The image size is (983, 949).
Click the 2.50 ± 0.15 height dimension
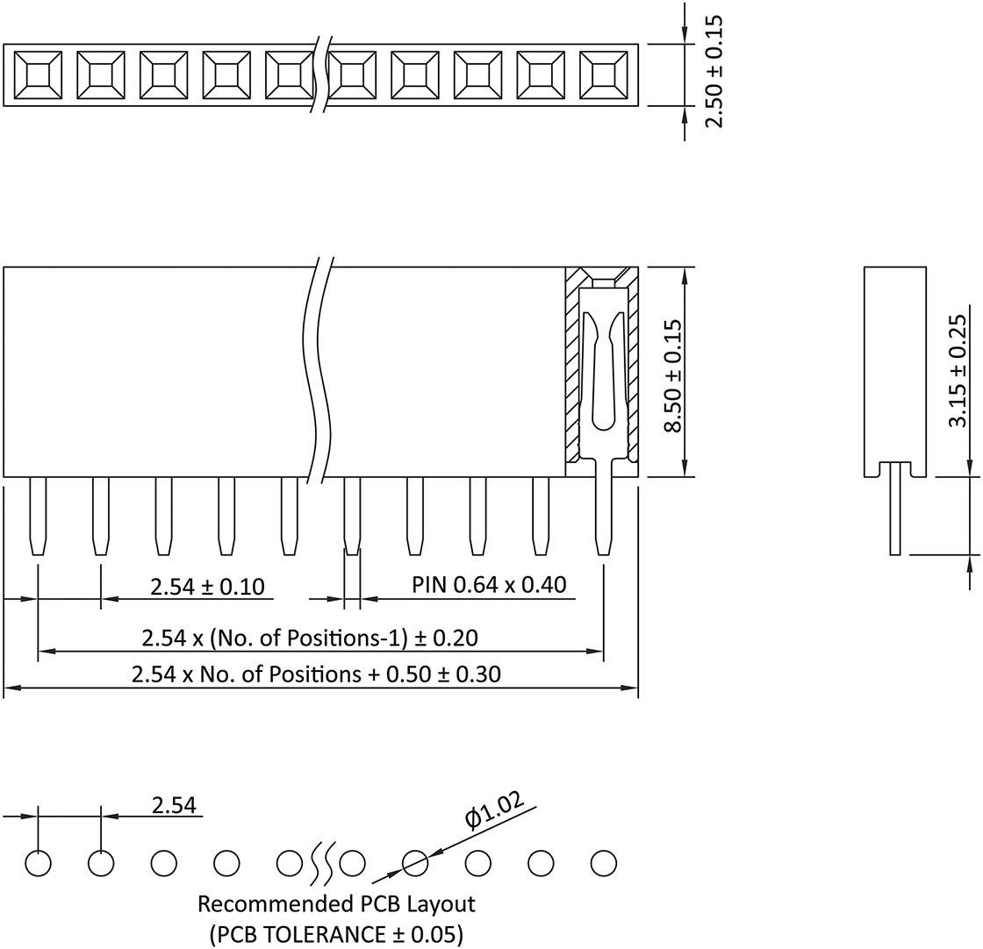(x=714, y=71)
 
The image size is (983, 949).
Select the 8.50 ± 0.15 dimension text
(x=673, y=375)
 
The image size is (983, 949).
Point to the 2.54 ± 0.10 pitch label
(x=207, y=586)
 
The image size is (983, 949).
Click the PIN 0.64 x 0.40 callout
(x=489, y=584)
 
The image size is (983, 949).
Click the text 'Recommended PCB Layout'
(x=336, y=903)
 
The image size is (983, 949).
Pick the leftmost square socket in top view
(x=38, y=75)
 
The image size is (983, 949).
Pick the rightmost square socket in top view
(x=604, y=75)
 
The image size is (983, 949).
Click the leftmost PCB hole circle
(x=38, y=863)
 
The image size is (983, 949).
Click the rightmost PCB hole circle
(x=604, y=863)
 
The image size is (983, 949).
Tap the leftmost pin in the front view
(x=38, y=516)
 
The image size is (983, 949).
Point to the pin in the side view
(x=894, y=509)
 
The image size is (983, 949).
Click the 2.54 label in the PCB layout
(x=174, y=805)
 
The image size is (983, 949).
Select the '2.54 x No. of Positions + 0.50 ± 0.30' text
(x=316, y=674)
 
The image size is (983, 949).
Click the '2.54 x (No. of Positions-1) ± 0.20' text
(x=310, y=638)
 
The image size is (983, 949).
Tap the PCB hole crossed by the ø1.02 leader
(x=415, y=863)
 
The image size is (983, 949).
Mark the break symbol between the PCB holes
(x=321, y=863)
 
